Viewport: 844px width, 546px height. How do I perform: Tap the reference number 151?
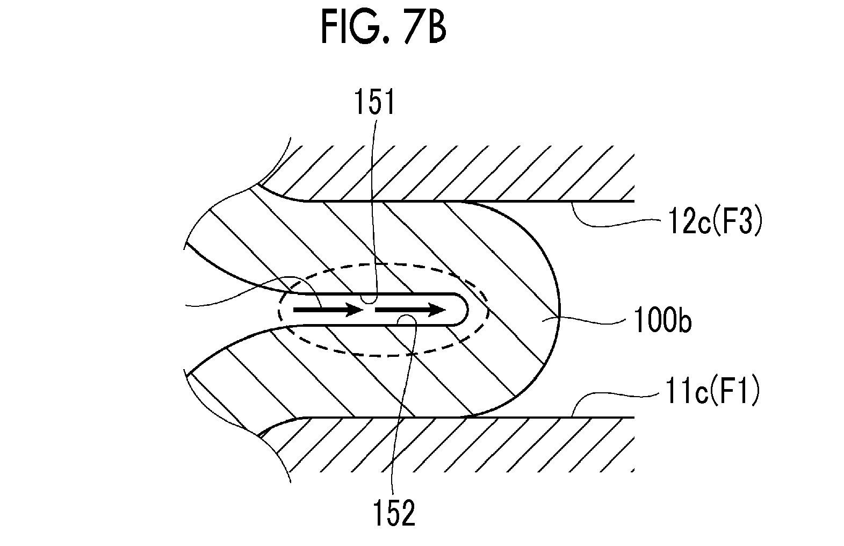[374, 102]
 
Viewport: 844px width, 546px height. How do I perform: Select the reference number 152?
[394, 513]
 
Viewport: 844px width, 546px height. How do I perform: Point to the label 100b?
[662, 320]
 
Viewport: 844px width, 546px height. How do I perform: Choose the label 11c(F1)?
[712, 392]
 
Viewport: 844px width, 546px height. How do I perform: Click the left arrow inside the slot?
[328, 310]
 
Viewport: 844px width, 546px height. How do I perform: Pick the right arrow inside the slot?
[410, 310]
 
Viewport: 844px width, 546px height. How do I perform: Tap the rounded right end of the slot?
[467, 309]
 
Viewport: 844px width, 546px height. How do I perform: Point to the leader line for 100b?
[591, 320]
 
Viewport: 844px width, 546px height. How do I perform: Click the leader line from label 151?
[373, 211]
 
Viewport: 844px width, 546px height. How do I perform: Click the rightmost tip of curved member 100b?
[560, 313]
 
